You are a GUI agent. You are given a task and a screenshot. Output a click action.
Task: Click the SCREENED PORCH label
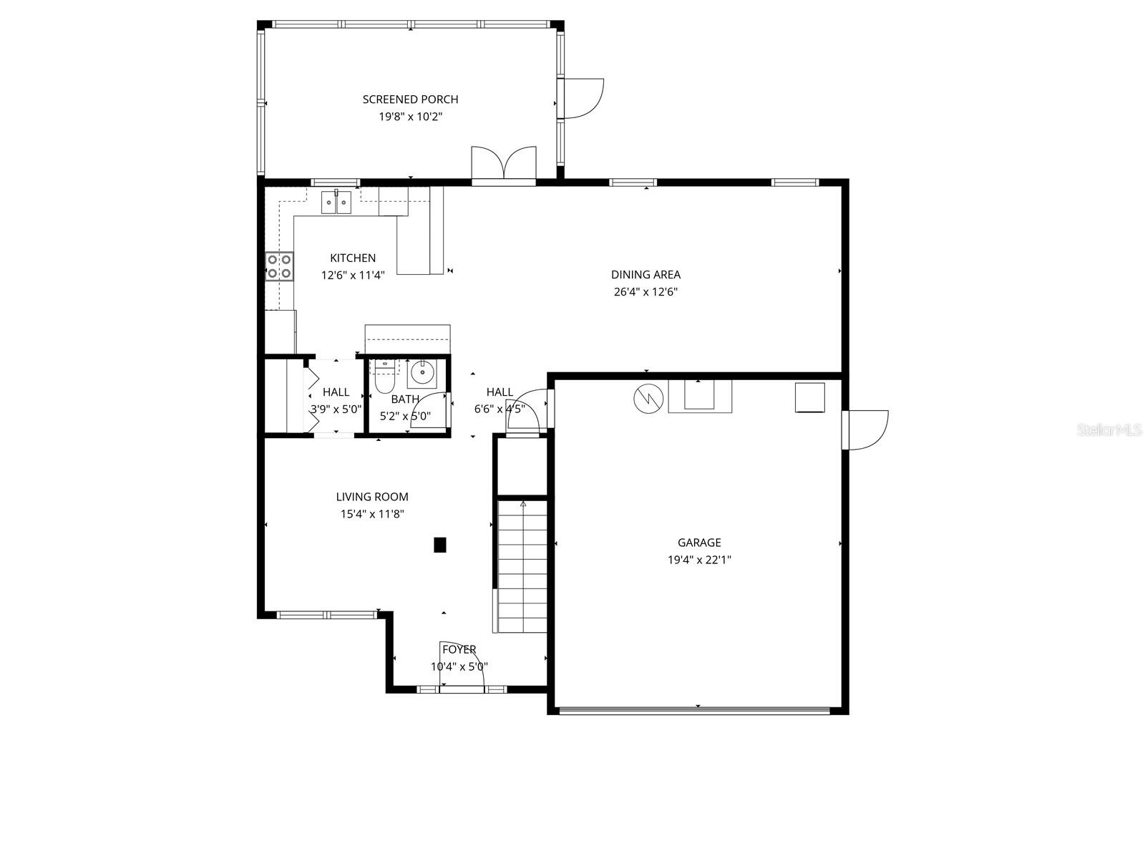(x=410, y=100)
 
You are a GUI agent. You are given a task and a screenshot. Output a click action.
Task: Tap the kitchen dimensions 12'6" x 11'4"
(x=353, y=275)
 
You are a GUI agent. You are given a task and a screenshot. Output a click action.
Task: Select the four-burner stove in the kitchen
(x=279, y=266)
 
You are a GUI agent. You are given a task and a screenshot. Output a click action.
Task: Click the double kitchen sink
(x=336, y=203)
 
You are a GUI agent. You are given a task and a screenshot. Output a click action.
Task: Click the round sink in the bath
(x=422, y=373)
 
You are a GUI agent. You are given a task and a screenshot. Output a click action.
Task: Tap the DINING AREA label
(x=645, y=275)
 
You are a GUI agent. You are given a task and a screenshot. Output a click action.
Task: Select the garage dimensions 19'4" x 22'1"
(x=699, y=560)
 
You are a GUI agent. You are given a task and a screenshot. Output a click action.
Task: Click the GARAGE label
(x=699, y=543)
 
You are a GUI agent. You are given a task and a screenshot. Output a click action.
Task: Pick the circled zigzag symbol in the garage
(x=648, y=398)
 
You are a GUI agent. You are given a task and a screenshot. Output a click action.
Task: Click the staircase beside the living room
(x=522, y=566)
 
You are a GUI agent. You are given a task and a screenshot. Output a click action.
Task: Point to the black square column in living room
(x=440, y=545)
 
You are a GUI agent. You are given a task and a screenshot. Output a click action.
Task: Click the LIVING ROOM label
(x=372, y=497)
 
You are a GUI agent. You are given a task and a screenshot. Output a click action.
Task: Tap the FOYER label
(x=459, y=650)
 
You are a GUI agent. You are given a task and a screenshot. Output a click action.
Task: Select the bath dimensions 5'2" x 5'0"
(x=405, y=415)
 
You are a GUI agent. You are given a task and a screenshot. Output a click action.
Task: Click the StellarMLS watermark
(x=1110, y=430)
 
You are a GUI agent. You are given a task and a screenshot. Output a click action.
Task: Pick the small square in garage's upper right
(x=809, y=398)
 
